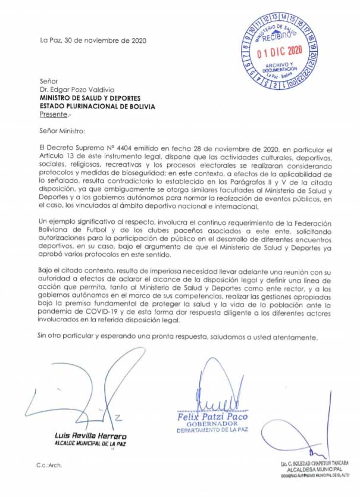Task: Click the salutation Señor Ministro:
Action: click(x=62, y=130)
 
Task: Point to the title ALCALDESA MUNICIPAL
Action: click(x=311, y=469)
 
